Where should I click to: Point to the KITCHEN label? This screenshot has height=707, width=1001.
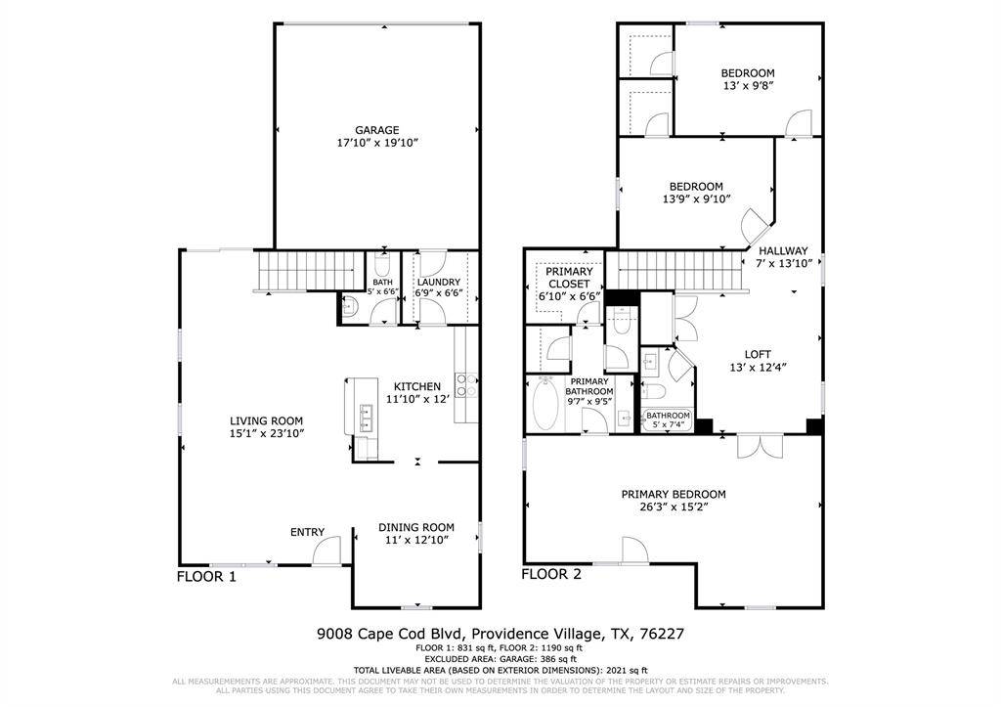pyautogui.click(x=417, y=386)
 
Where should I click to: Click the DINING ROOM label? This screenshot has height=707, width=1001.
pyautogui.click(x=416, y=528)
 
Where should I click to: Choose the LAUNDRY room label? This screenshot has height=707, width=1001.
pyautogui.click(x=438, y=282)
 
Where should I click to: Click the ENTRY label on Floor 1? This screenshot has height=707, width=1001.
pyautogui.click(x=307, y=532)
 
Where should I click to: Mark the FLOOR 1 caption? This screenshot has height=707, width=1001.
pyautogui.click(x=206, y=577)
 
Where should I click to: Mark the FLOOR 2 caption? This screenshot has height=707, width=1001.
pyautogui.click(x=551, y=574)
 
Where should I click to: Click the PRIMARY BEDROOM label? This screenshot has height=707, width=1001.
pyautogui.click(x=674, y=495)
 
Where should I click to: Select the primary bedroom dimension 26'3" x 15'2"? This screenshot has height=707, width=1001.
pyautogui.click(x=674, y=508)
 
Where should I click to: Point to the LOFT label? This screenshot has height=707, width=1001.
pyautogui.click(x=759, y=355)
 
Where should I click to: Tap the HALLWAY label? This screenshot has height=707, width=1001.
pyautogui.click(x=783, y=250)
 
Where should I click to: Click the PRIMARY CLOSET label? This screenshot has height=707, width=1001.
pyautogui.click(x=569, y=277)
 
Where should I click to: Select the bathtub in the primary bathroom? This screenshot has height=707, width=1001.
pyautogui.click(x=547, y=406)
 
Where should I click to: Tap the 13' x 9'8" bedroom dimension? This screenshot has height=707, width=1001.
pyautogui.click(x=748, y=86)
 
